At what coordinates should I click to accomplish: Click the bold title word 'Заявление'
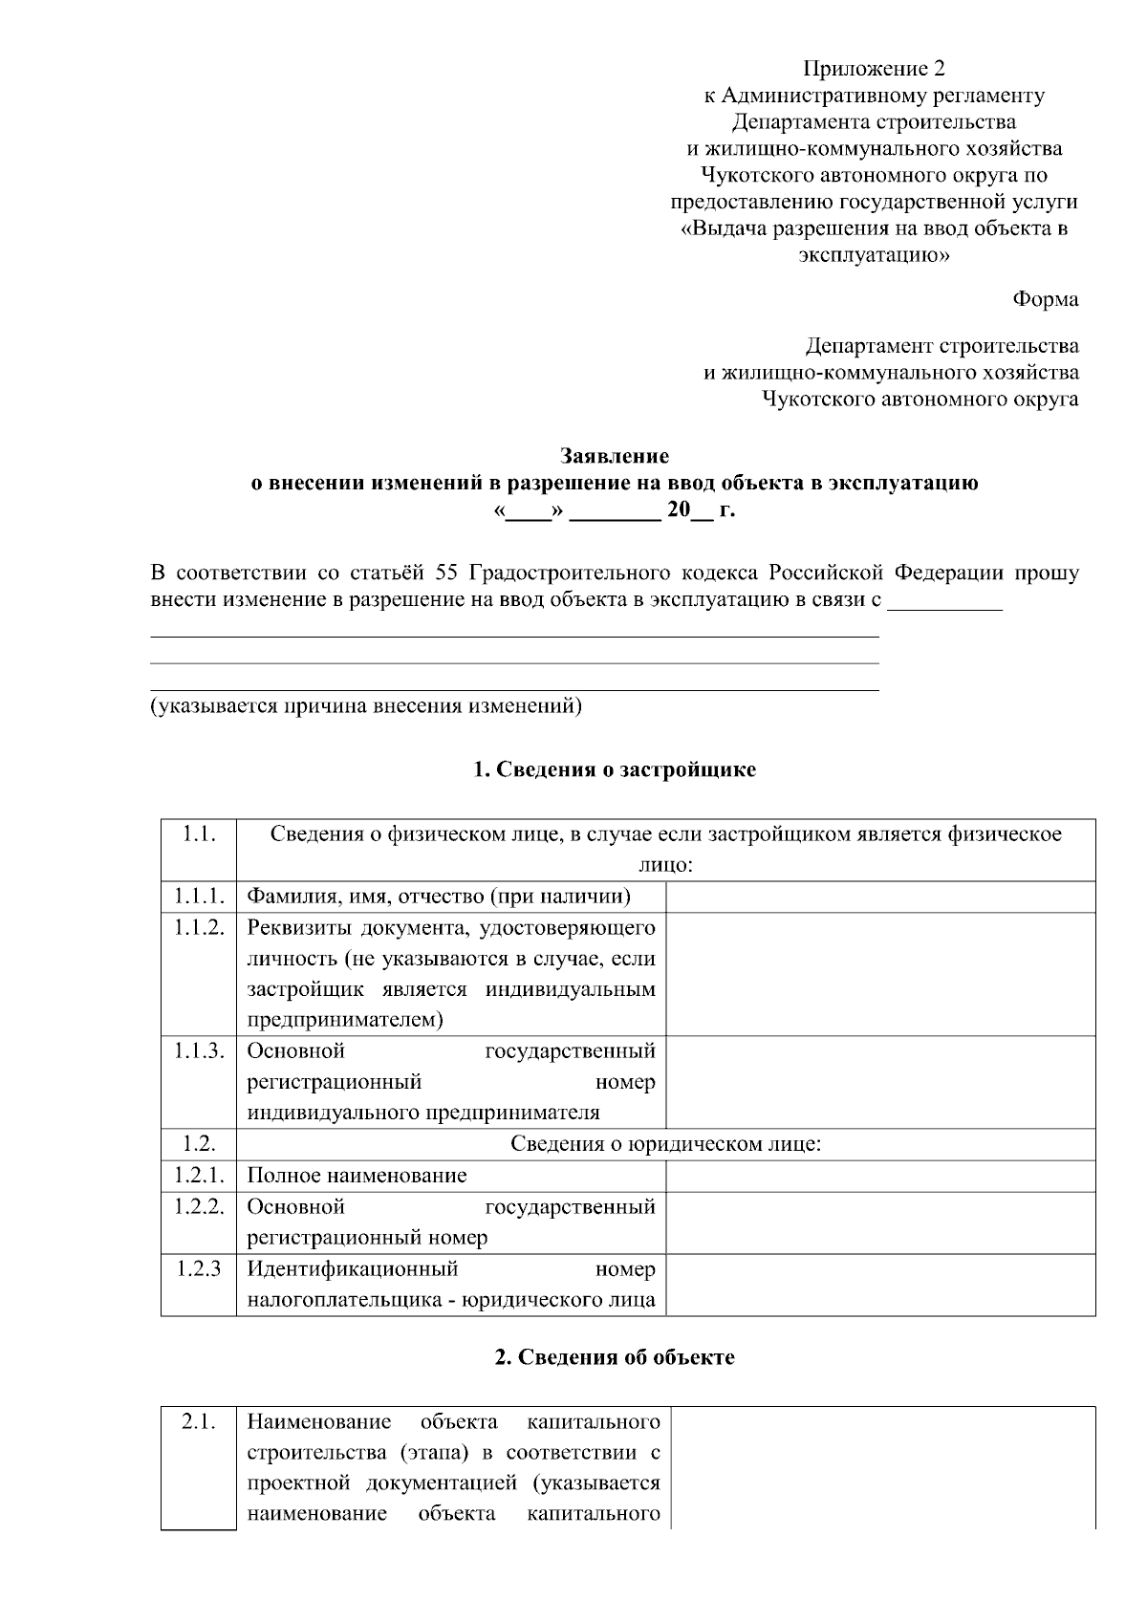(x=614, y=456)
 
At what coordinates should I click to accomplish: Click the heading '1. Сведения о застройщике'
(x=615, y=769)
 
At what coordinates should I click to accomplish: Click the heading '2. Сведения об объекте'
(x=615, y=1357)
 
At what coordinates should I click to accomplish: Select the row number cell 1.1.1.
(x=199, y=897)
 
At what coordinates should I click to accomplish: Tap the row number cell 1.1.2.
(x=199, y=927)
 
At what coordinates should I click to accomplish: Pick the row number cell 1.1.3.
(x=199, y=1051)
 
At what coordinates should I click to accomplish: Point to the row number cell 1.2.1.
(x=199, y=1176)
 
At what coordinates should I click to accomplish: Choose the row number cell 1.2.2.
(x=199, y=1207)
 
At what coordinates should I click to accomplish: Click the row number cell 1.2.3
(x=199, y=1269)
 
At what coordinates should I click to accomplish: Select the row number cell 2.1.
(x=199, y=1421)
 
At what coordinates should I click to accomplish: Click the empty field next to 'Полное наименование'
(x=879, y=1176)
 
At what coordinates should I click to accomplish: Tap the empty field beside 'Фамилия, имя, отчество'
(x=879, y=897)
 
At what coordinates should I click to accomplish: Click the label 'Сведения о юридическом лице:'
(x=665, y=1144)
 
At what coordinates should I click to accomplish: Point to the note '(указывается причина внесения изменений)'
(x=366, y=706)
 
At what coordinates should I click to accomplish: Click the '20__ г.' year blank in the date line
(x=701, y=510)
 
